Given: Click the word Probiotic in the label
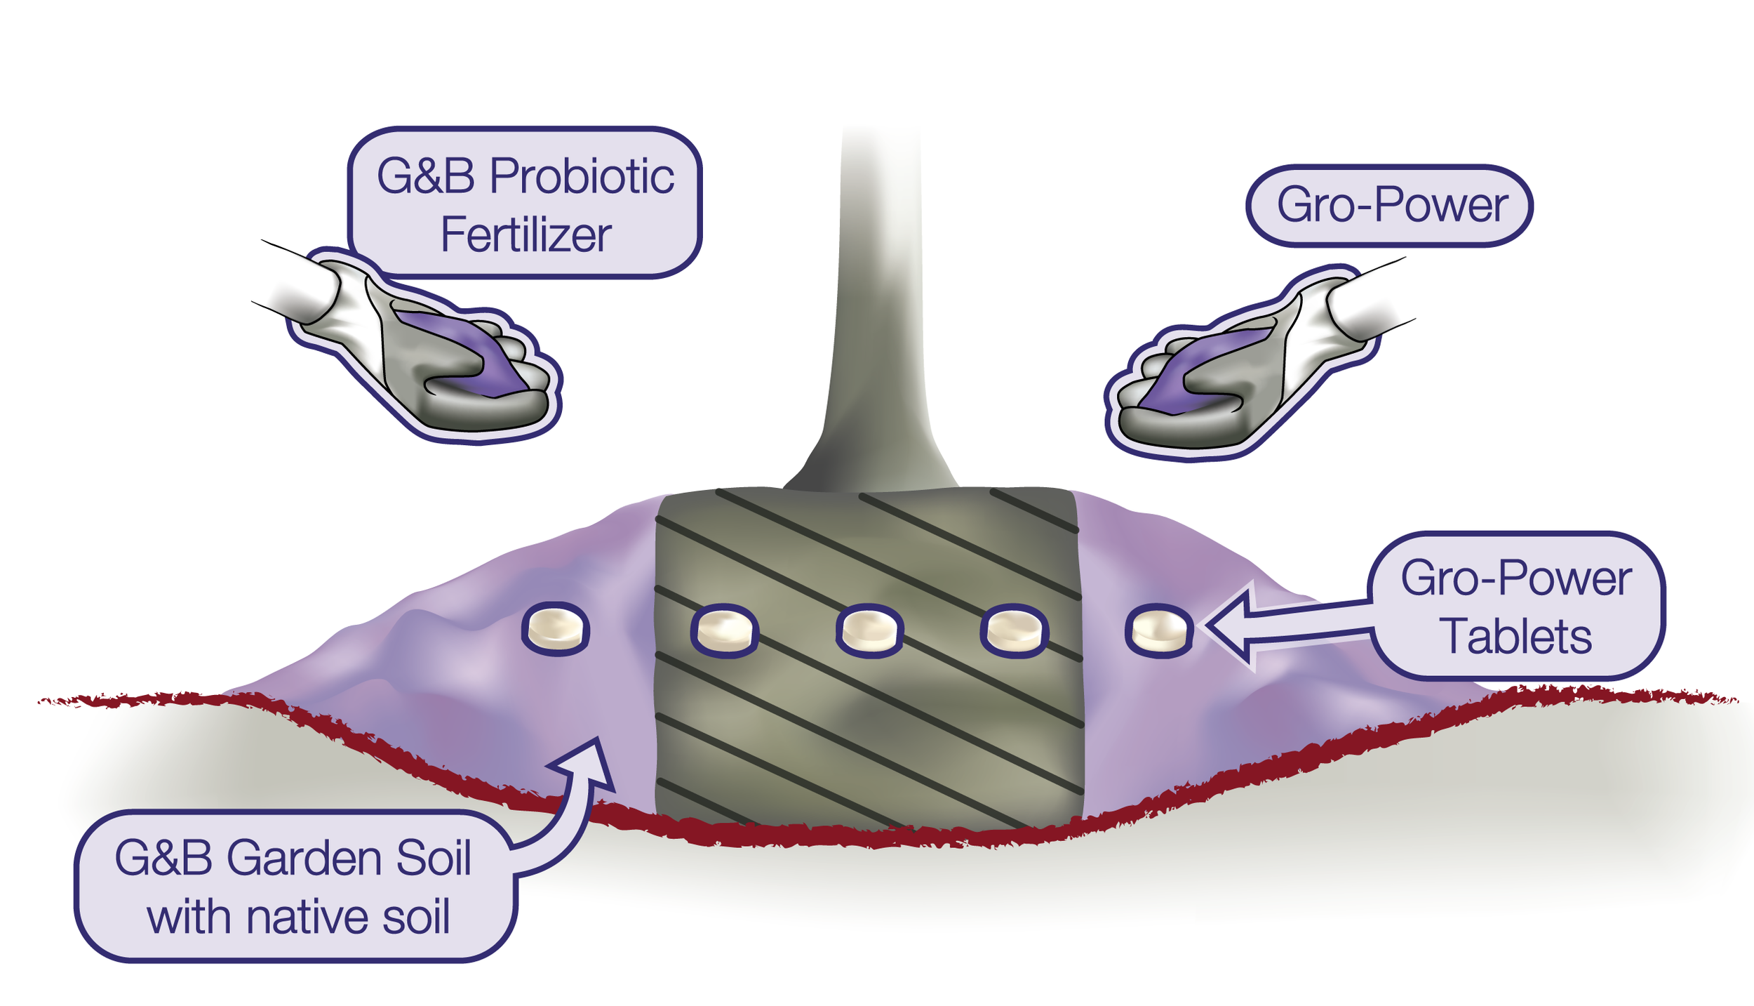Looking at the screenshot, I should tap(582, 176).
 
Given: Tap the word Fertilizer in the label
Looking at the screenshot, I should tap(526, 235).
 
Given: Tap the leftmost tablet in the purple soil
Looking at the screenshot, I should tap(556, 628).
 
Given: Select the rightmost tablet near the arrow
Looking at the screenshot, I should tap(1159, 630).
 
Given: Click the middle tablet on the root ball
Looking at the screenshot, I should tap(869, 629).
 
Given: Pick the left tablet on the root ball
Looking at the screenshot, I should tap(725, 630).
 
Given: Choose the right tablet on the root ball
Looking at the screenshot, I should tap(1015, 630).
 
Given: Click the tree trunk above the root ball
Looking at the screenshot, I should tap(877, 316).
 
